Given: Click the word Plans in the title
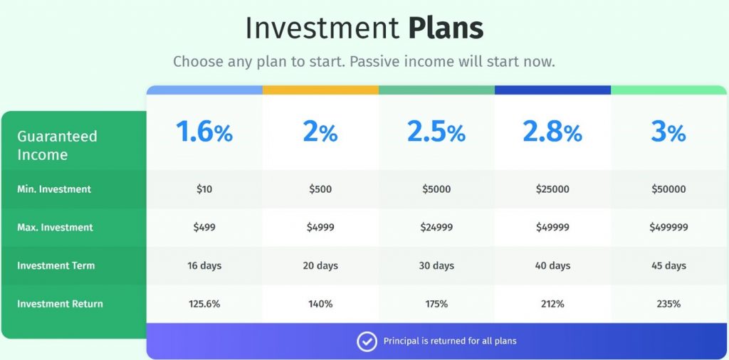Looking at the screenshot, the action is [x=446, y=28].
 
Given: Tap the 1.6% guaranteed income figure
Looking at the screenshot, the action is [x=204, y=132].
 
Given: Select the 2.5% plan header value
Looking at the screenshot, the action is [x=436, y=132].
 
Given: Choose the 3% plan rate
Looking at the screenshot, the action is [x=668, y=132].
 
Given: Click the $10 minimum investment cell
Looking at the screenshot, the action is [x=204, y=189].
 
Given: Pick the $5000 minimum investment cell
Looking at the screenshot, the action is [x=436, y=189].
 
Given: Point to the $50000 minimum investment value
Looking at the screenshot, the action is [x=668, y=189].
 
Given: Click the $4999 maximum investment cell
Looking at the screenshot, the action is [x=320, y=227].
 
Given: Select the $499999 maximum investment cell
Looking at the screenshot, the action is [x=668, y=227].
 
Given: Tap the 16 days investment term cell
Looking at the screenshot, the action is [x=204, y=265].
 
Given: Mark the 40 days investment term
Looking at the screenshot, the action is [x=552, y=265].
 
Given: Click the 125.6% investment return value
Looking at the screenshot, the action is [x=204, y=304].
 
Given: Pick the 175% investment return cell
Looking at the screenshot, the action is [x=436, y=304].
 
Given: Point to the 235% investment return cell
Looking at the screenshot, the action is [x=668, y=304].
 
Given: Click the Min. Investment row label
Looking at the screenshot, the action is [x=54, y=189].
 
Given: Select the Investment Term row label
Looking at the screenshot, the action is [x=56, y=265].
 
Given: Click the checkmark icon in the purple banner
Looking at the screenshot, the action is [x=367, y=342].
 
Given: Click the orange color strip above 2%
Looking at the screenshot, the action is [x=320, y=90].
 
